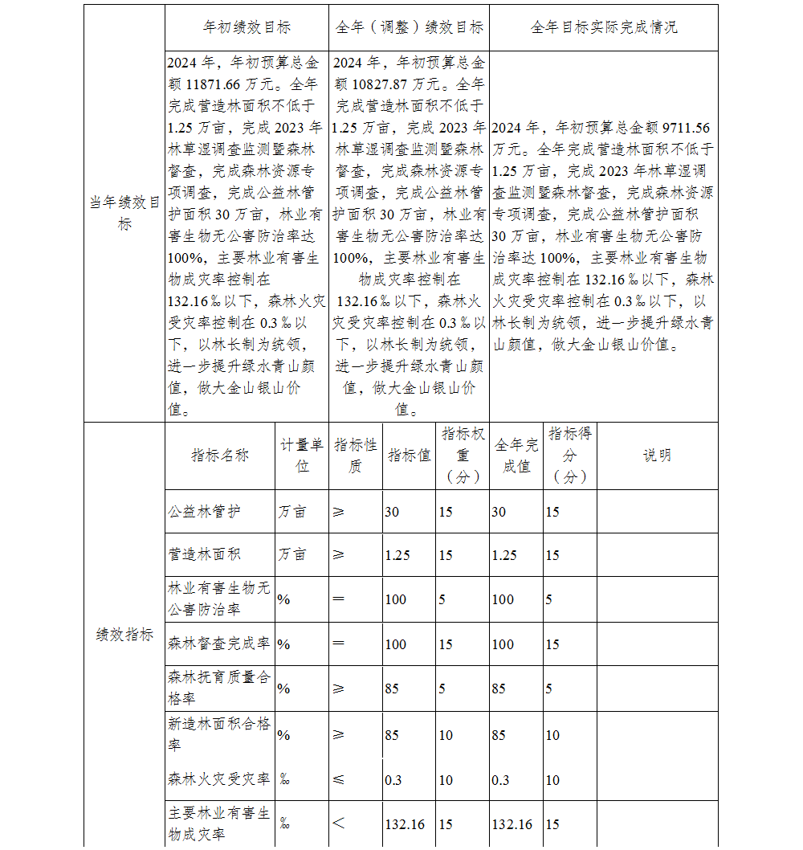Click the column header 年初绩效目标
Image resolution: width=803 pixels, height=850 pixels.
pos(247,27)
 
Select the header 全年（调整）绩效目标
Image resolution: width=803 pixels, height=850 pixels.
pos(409,27)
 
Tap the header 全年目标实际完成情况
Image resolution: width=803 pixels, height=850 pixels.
pos(603,27)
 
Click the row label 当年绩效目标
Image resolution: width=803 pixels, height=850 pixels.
pos(124,214)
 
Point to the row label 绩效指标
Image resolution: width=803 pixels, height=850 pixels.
pos(124,635)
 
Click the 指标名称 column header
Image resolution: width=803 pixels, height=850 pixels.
pos(220,456)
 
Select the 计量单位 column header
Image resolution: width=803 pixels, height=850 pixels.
pos(302,456)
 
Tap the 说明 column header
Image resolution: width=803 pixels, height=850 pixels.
pos(657,456)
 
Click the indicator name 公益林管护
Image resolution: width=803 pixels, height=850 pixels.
pos(204,512)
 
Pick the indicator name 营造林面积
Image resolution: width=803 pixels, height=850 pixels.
pos(204,554)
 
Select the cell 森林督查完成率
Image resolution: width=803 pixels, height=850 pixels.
pos(219,644)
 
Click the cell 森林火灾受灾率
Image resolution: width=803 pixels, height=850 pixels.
pos(219,778)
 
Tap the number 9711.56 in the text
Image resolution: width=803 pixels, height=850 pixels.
pos(682,129)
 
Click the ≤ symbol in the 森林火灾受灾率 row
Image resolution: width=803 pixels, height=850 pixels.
pos(339,779)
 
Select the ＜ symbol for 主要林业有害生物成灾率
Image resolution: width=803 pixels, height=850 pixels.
pos(339,823)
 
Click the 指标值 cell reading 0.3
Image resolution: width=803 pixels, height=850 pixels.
pos(393,780)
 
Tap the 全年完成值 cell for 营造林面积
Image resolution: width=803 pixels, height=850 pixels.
pos(504,555)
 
